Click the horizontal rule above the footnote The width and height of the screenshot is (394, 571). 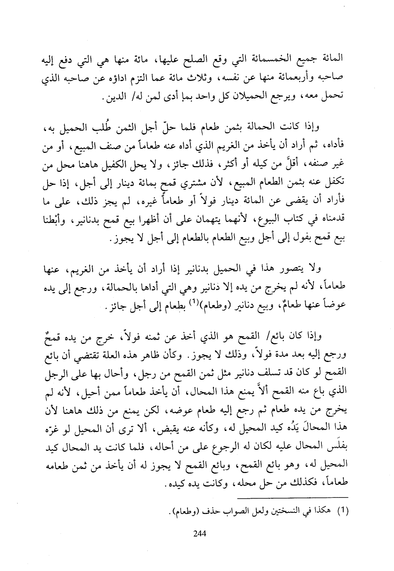click(292, 497)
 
